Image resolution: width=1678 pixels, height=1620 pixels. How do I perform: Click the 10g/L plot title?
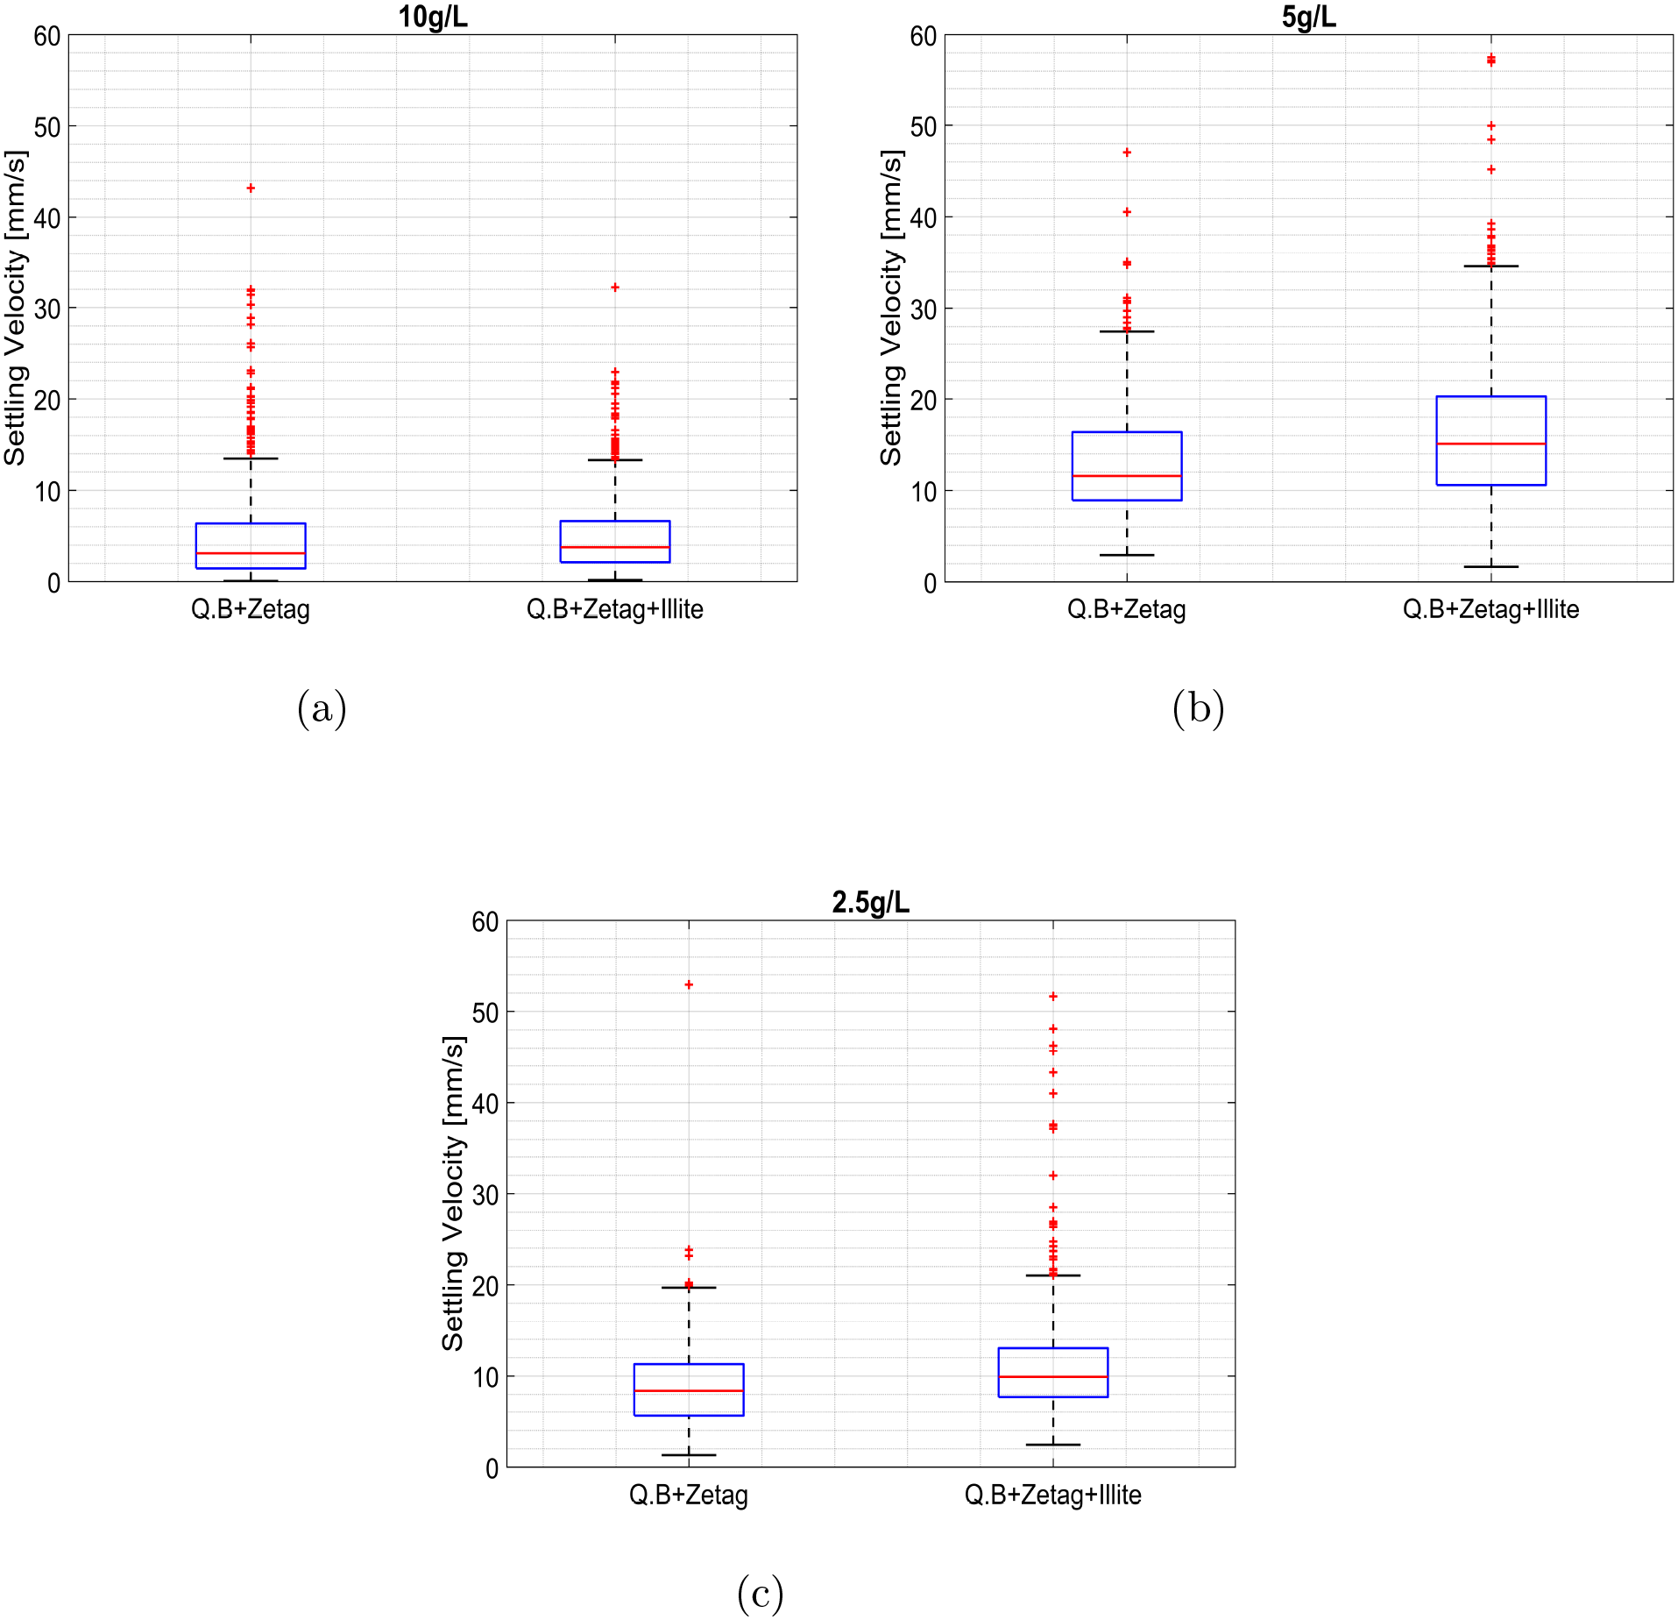[x=433, y=17]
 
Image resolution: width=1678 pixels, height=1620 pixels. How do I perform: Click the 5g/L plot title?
[x=1308, y=17]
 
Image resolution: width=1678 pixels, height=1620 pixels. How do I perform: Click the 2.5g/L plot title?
[x=870, y=902]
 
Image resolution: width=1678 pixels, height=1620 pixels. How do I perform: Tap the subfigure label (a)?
[x=322, y=708]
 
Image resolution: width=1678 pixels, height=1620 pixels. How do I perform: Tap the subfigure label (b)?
[x=1198, y=708]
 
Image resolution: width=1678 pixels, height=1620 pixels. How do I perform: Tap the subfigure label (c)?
[x=760, y=1593]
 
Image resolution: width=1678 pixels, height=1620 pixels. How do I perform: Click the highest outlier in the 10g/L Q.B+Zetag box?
[x=251, y=188]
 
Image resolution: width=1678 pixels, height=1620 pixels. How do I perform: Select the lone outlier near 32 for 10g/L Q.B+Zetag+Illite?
[x=615, y=288]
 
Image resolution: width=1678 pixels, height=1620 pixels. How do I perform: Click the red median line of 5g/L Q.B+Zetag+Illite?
[x=1490, y=444]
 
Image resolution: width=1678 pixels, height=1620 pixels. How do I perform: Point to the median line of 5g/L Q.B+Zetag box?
[x=1127, y=476]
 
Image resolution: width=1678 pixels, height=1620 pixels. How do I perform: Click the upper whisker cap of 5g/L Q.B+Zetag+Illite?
[x=1490, y=266]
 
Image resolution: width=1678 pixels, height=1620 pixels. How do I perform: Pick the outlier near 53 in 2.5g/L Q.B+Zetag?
[x=689, y=984]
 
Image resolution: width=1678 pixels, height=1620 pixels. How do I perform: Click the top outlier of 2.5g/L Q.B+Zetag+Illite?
[x=1053, y=997]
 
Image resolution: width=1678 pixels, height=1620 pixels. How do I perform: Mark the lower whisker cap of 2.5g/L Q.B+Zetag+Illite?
[x=1053, y=1445]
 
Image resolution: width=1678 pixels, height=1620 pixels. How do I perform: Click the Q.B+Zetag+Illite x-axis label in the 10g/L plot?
[x=614, y=609]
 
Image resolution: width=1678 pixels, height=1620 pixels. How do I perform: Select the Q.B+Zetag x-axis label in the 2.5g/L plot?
[x=689, y=1495]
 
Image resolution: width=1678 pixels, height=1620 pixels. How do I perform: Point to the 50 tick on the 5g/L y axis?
[x=923, y=127]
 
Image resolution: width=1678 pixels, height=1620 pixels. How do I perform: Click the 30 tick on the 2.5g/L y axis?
[x=485, y=1195]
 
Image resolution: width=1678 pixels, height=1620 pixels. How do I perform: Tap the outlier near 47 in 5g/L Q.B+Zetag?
[x=1127, y=153]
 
